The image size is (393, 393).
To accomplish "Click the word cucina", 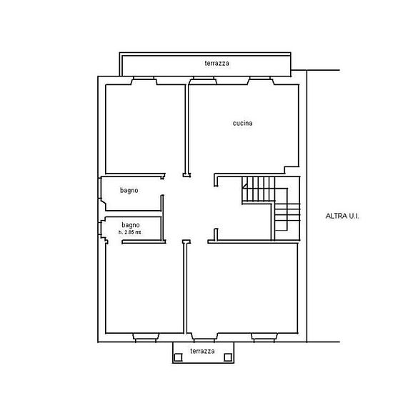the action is pyautogui.click(x=242, y=123).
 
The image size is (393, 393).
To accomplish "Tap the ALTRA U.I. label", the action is pyautogui.click(x=342, y=216).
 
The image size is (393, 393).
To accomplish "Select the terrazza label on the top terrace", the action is pyautogui.click(x=217, y=63).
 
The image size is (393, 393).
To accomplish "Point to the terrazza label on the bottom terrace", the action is pyautogui.click(x=202, y=351).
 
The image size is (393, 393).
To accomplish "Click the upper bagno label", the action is pyautogui.click(x=129, y=191).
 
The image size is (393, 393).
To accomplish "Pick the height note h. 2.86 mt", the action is pyautogui.click(x=130, y=232).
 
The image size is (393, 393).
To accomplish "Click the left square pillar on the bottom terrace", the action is pyautogui.click(x=178, y=357).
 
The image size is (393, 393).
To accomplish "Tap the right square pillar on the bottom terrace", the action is pyautogui.click(x=228, y=357).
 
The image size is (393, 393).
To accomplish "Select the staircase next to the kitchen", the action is pyautogui.click(x=271, y=204).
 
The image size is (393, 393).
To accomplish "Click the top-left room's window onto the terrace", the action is pyautogui.click(x=144, y=80).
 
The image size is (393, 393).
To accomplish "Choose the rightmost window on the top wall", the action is pyautogui.click(x=261, y=80).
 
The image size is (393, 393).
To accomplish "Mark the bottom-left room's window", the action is pyautogui.click(x=146, y=337).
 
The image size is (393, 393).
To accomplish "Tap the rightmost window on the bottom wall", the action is pyautogui.click(x=264, y=337).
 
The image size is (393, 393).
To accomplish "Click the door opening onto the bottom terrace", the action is pyautogui.click(x=204, y=337).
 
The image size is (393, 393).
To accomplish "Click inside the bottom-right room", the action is pyautogui.click(x=242, y=288).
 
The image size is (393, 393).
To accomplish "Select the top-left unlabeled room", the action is pyautogui.click(x=145, y=129).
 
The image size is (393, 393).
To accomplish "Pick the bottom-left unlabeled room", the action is pyautogui.click(x=144, y=288).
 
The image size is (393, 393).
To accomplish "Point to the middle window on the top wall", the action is pyautogui.click(x=203, y=80).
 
